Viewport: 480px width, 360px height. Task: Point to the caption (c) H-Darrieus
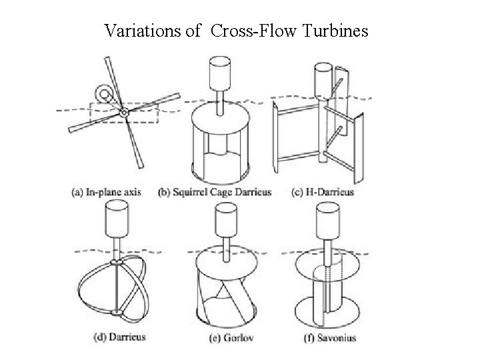pyautogui.click(x=323, y=193)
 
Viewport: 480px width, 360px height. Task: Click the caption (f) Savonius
pyautogui.click(x=325, y=337)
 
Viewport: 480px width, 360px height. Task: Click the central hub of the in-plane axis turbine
pyautogui.click(x=124, y=114)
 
